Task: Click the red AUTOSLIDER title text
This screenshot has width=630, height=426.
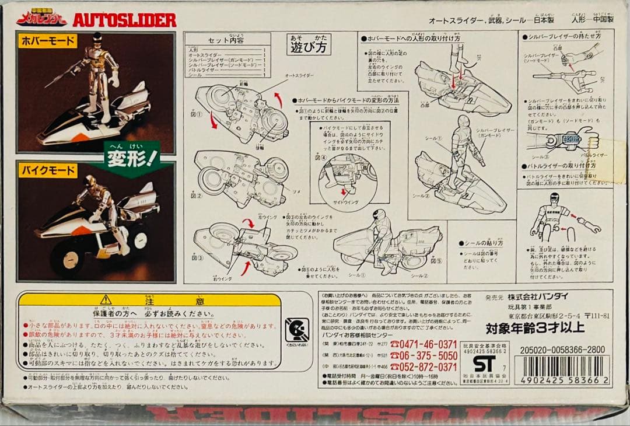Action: (x=124, y=20)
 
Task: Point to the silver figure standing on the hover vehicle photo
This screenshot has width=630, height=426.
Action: (x=101, y=82)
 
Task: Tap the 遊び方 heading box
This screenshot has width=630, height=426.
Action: (x=309, y=44)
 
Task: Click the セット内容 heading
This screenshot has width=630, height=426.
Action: (x=228, y=43)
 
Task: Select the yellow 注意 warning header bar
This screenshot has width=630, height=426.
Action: (x=149, y=299)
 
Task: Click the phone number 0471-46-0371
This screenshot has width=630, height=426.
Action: (x=424, y=344)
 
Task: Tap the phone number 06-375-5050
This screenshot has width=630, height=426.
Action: (x=424, y=355)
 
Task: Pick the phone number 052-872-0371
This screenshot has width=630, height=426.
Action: (x=424, y=366)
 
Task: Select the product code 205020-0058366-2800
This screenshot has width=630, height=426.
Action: (x=559, y=350)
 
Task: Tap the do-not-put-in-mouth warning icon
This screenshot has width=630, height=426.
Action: (x=297, y=331)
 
